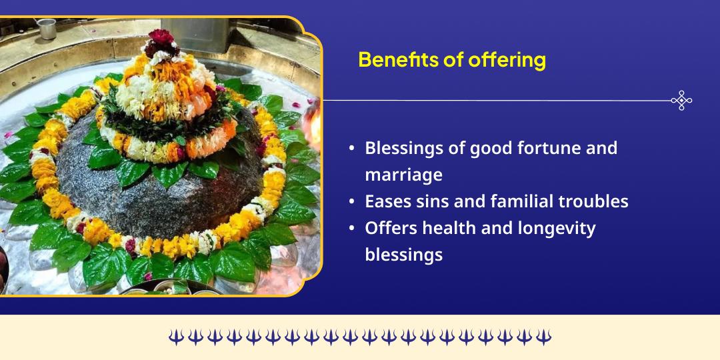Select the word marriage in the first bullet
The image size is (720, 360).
(403, 175)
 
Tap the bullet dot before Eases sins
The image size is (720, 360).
(351, 202)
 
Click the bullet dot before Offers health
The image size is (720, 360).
(351, 229)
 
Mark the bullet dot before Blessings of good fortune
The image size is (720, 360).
(351, 148)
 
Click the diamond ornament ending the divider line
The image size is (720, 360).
(681, 101)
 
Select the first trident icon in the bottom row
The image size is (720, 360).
(175, 337)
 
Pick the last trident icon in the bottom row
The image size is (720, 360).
(544, 337)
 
